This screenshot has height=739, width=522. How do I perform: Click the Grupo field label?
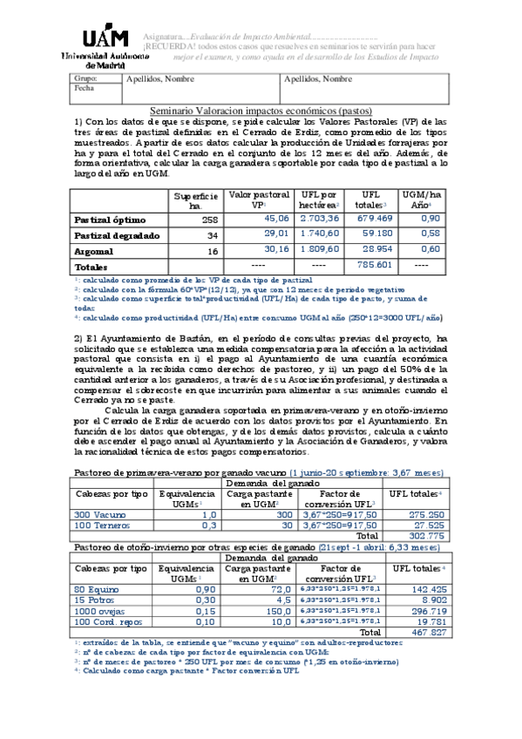pyautogui.click(x=85, y=78)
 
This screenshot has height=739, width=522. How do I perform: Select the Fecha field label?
pyautogui.click(x=84, y=88)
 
